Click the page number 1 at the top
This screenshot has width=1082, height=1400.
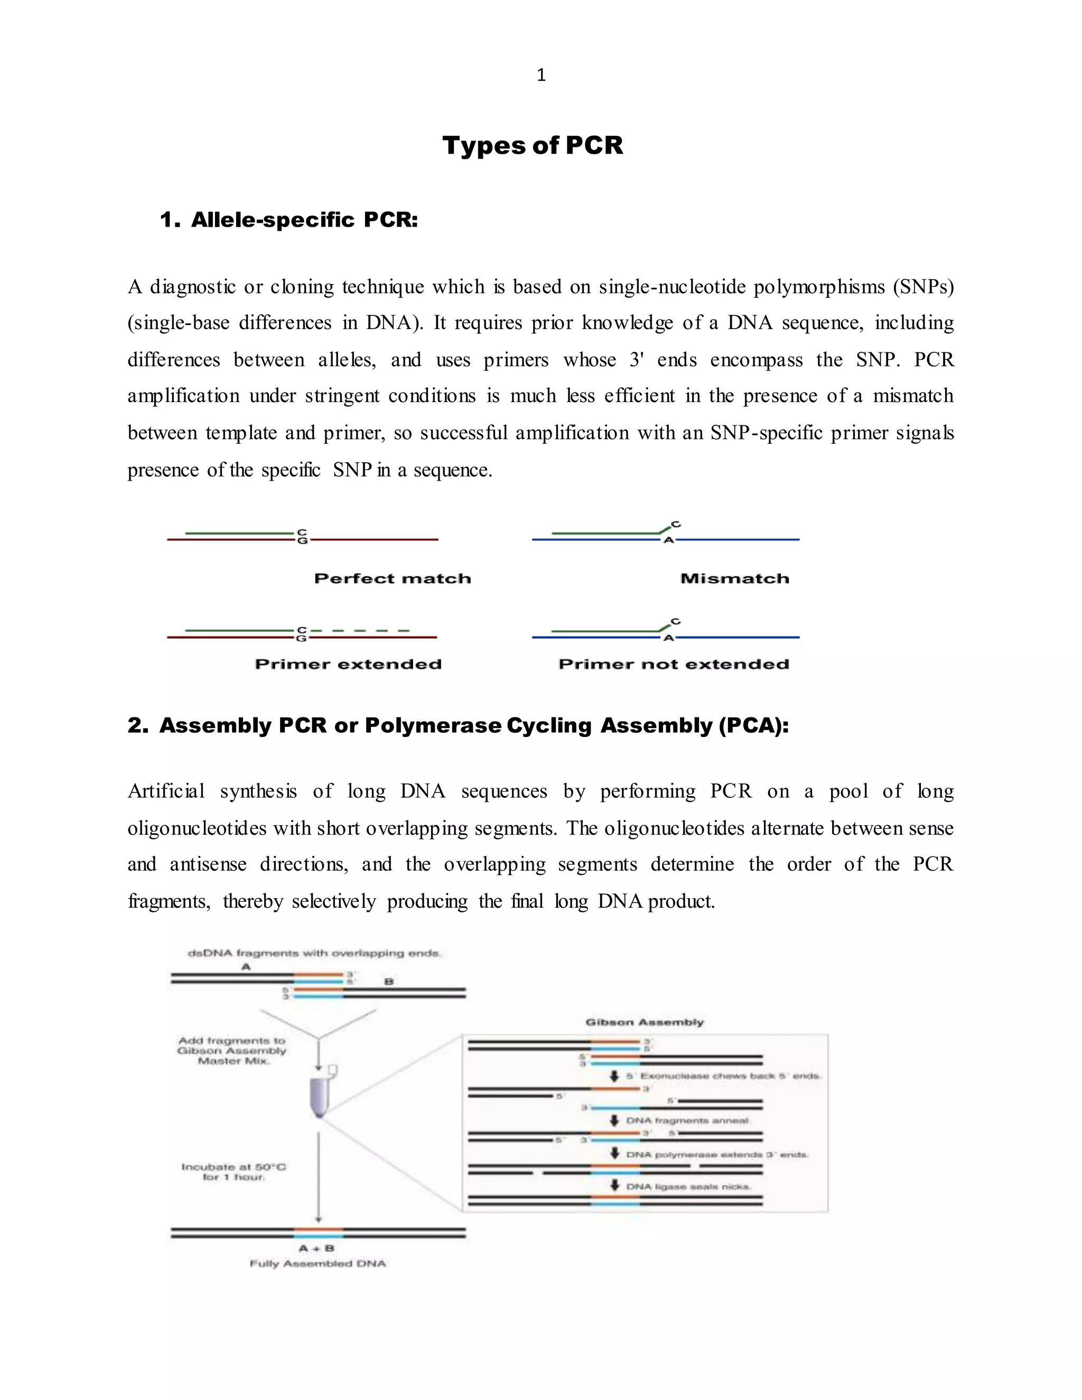pos(541,75)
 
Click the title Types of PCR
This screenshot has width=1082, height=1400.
pos(532,145)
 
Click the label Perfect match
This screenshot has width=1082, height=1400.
pos(393,578)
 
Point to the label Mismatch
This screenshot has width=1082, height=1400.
pos(734,578)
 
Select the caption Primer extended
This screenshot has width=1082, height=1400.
pos(348,664)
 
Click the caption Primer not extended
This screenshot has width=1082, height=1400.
pos(673,664)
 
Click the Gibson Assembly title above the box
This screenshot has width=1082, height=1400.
pos(644,1022)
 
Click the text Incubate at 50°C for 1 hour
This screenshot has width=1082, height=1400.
pos(234,1172)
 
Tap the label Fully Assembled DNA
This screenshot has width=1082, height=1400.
pos(318,1264)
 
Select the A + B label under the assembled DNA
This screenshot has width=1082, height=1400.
pos(316,1248)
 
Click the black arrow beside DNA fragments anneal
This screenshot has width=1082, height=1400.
pos(614,1120)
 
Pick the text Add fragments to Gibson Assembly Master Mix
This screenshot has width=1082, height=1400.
pos(232,1051)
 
